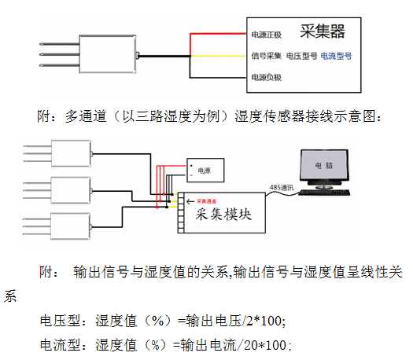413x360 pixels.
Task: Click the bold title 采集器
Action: [x=323, y=32]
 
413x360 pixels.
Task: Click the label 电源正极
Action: [x=265, y=35]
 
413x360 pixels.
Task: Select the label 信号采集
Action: [x=265, y=57]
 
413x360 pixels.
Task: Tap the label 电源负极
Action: [x=265, y=78]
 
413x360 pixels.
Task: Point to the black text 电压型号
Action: [x=301, y=57]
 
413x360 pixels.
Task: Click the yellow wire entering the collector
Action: [x=220, y=56]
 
